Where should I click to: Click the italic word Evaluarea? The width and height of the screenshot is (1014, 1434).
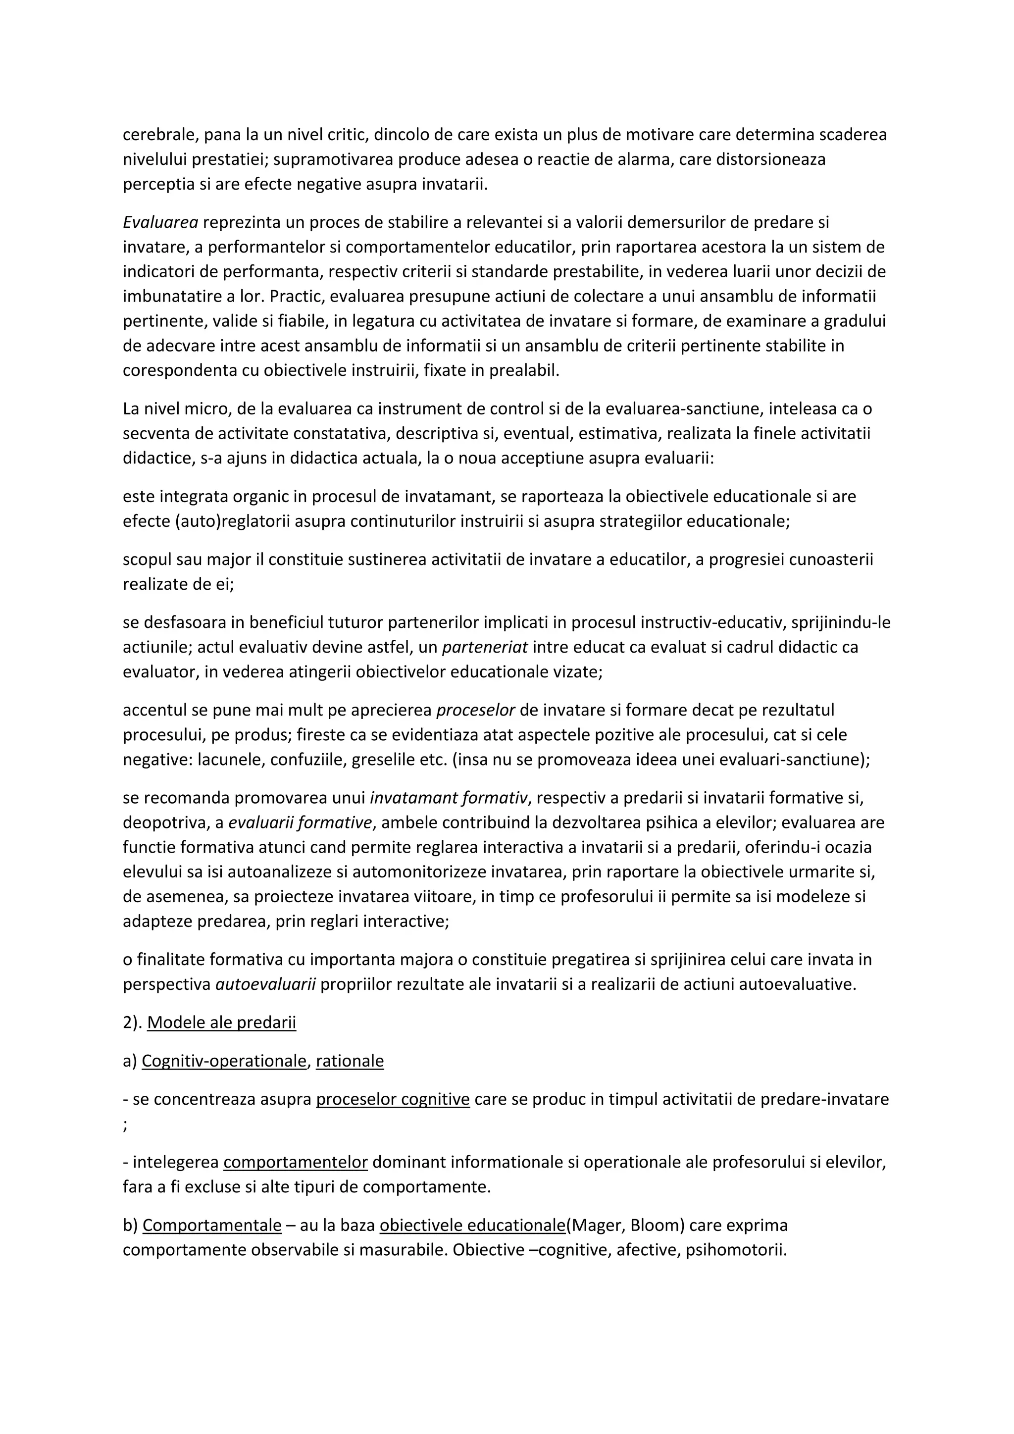(x=160, y=222)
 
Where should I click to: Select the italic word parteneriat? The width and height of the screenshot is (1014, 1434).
(x=485, y=647)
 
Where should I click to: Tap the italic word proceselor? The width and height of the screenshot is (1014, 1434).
(x=475, y=710)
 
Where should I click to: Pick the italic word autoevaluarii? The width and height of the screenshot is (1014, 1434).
(x=265, y=985)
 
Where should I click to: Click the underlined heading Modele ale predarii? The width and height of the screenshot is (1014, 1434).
(x=222, y=1023)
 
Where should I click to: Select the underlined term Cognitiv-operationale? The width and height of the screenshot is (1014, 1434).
(x=224, y=1061)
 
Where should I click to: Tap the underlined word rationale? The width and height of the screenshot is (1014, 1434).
(x=350, y=1061)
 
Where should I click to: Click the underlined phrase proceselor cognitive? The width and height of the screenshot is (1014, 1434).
(x=393, y=1099)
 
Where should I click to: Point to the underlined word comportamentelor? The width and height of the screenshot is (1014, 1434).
(x=295, y=1162)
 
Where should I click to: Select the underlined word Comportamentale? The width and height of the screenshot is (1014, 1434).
(x=212, y=1226)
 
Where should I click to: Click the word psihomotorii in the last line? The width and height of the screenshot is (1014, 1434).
(x=736, y=1250)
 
